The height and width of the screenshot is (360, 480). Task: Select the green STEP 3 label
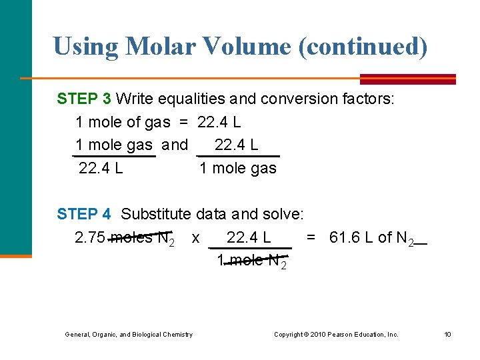84,99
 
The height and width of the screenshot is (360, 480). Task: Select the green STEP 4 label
84,214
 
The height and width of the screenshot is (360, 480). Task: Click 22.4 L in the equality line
219,123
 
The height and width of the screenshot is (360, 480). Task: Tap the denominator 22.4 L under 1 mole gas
101,168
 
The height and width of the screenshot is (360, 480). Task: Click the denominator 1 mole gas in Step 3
238,168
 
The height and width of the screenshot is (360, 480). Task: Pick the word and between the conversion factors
175,145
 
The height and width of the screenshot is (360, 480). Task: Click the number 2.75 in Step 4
90,237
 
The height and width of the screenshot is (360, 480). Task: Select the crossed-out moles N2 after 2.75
143,238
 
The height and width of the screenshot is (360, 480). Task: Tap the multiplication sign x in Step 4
195,238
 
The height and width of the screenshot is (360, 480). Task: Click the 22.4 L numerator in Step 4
249,237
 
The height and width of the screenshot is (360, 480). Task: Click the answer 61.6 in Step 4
344,237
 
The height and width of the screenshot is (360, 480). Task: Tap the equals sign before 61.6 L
311,237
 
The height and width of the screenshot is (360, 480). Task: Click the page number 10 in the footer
448,334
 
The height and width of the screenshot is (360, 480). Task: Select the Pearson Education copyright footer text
336,334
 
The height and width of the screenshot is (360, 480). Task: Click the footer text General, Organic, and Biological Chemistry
129,334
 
